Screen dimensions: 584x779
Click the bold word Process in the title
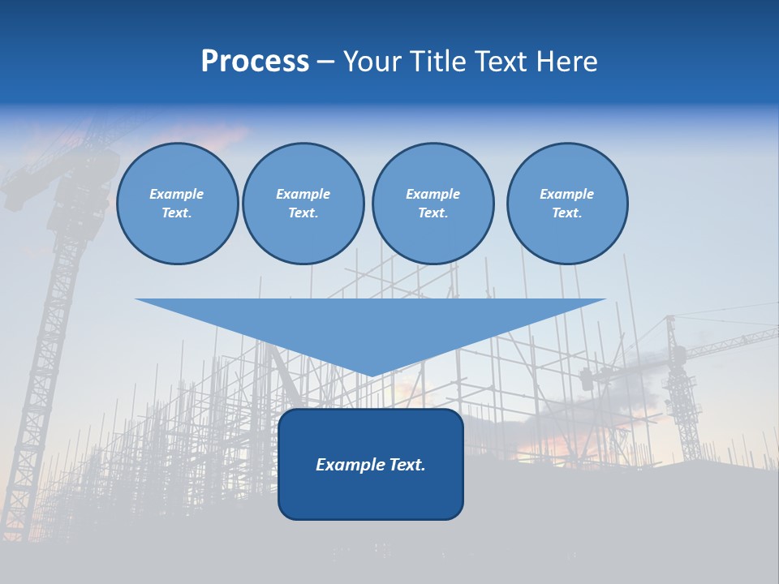[255, 62]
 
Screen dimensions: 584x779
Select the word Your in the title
[372, 62]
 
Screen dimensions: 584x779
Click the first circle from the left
[177, 204]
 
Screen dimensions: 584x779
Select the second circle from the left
[303, 204]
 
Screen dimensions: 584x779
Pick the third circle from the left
[433, 204]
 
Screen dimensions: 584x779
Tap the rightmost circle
[566, 204]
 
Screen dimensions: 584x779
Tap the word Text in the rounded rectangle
[405, 465]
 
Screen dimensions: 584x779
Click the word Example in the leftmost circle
[177, 194]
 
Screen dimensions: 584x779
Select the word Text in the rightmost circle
[566, 213]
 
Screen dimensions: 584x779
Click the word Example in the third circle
[433, 194]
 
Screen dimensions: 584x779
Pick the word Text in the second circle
[303, 213]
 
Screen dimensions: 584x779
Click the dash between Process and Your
[325, 62]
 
